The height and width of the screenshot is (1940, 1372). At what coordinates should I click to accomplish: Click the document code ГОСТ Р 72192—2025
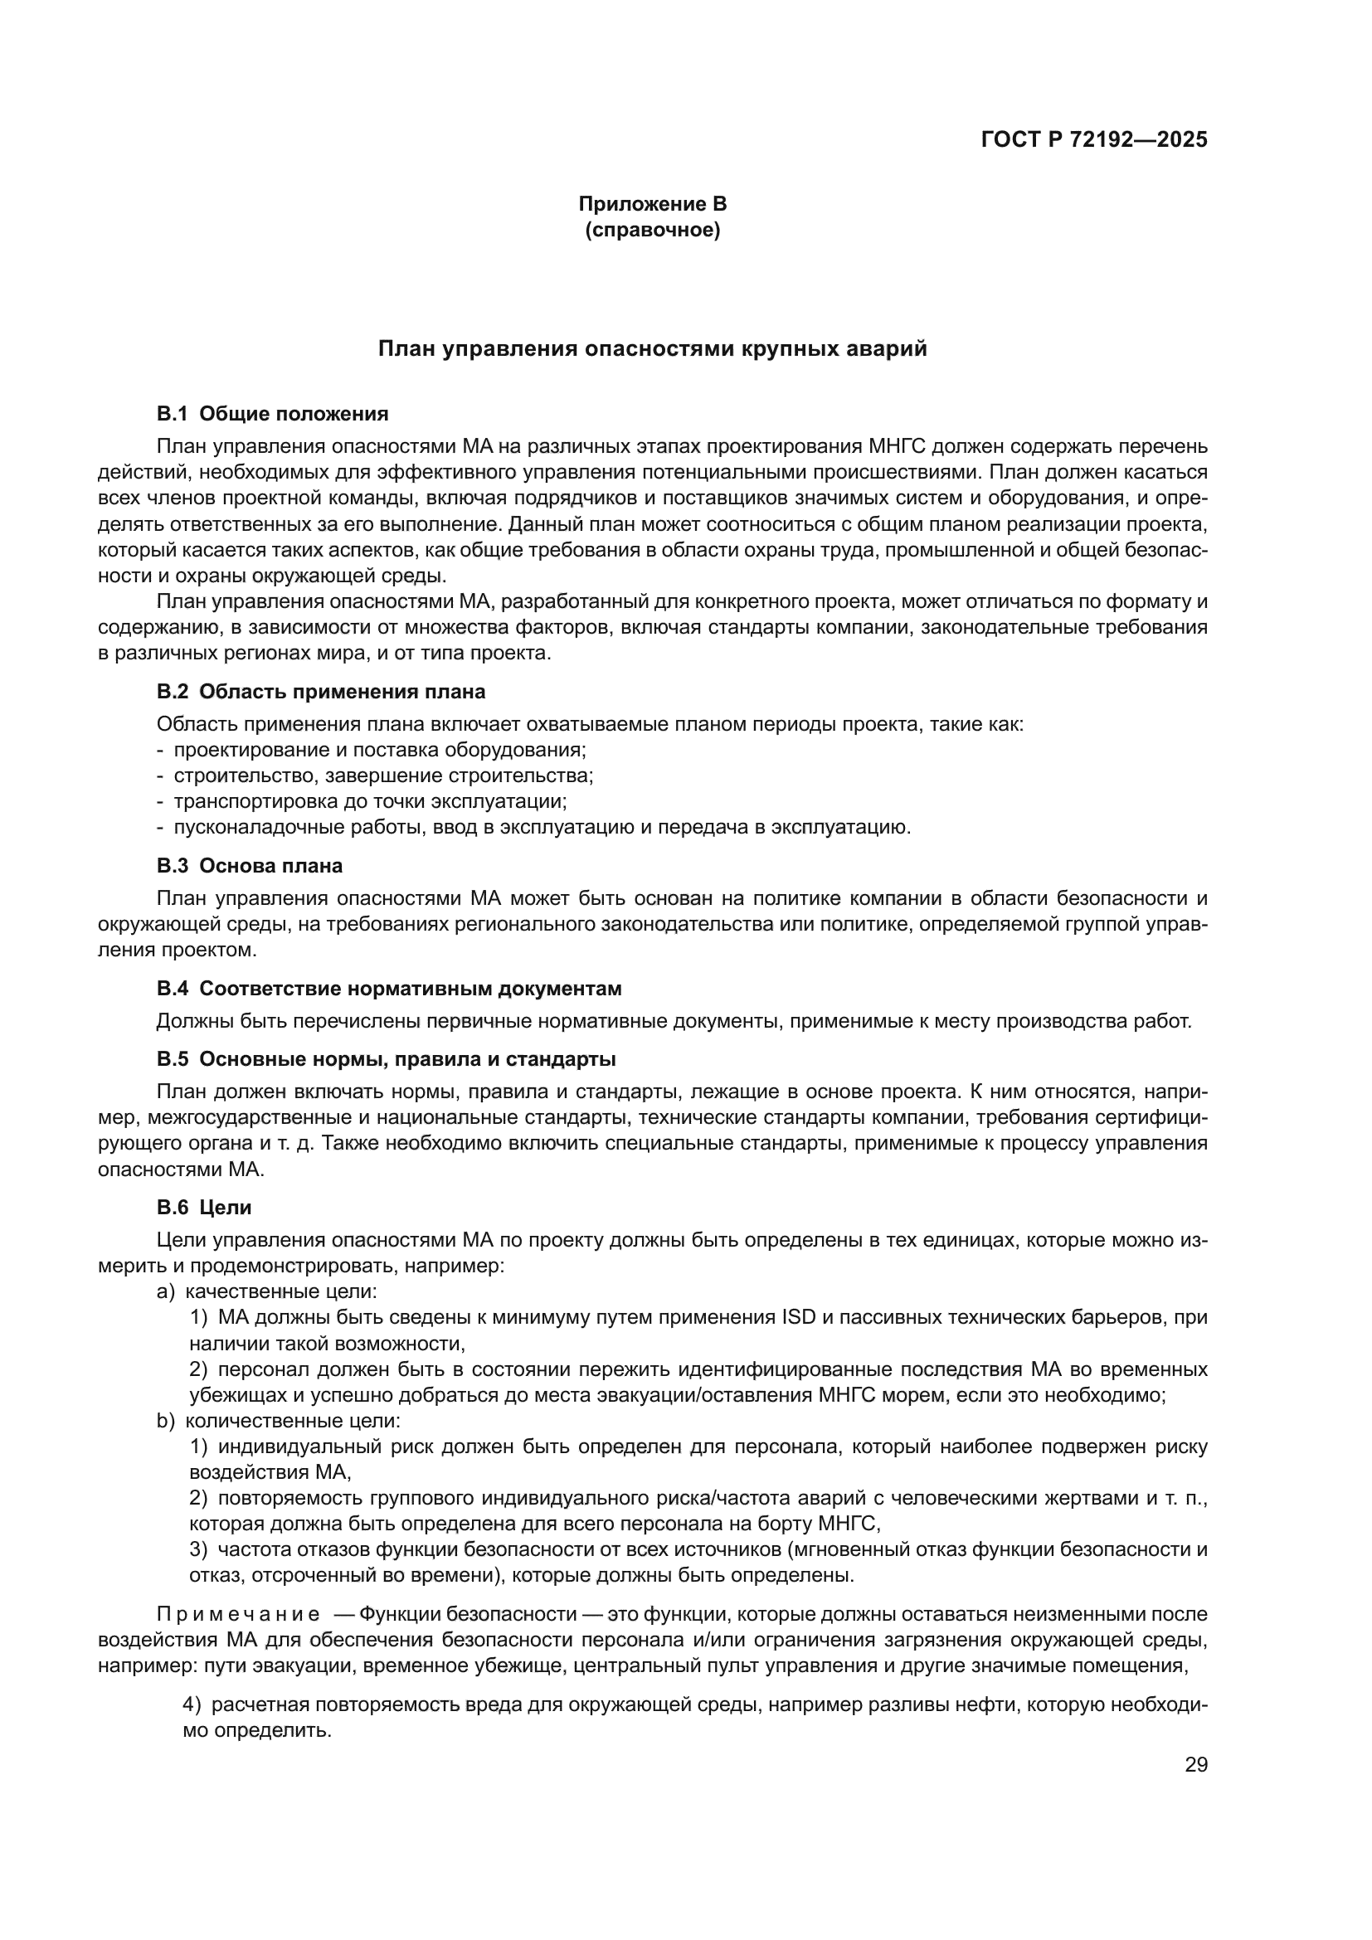coord(1094,140)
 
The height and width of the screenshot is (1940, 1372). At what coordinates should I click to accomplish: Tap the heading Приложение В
coord(652,204)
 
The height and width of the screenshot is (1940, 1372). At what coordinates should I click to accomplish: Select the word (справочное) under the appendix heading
coord(652,230)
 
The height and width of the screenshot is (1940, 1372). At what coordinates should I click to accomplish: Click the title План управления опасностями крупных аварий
coord(652,349)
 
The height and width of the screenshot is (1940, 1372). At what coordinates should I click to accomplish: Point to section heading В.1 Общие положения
coord(272,414)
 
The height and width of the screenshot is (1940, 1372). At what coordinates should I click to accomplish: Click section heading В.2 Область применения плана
coord(321,692)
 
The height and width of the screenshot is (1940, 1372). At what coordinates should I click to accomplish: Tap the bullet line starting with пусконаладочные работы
coord(541,826)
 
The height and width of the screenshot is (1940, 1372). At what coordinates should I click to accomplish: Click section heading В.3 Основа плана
coord(249,865)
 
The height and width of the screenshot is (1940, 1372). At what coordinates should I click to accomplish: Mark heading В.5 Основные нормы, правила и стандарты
coord(386,1059)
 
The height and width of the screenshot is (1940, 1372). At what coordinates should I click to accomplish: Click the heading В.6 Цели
coord(203,1208)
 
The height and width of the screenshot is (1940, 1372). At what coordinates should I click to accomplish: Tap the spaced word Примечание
coord(238,1615)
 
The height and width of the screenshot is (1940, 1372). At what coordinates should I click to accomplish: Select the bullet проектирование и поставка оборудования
coord(378,751)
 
